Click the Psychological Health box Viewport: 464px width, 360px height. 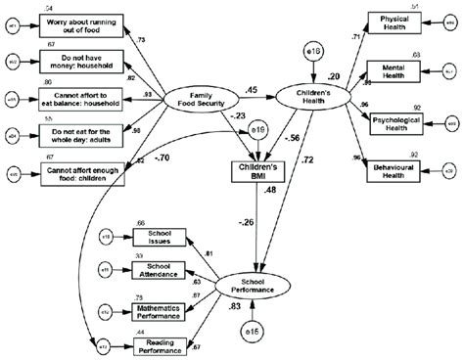[398, 122]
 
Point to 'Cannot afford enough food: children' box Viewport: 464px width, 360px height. [84, 174]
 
